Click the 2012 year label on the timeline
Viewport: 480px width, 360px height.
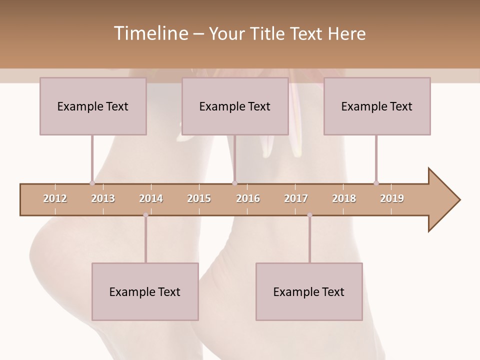point(55,198)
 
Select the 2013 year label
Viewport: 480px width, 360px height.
point(103,198)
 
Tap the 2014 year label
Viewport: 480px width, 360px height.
point(151,198)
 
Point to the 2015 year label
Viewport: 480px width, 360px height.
point(199,198)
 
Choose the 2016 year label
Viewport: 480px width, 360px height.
point(248,198)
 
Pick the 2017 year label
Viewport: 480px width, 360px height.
point(296,198)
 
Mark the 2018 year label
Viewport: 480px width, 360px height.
point(344,198)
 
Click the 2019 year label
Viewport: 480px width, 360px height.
point(392,198)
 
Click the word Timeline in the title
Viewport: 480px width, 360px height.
point(150,33)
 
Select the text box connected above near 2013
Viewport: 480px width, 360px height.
point(93,106)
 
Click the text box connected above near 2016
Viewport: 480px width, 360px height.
point(235,106)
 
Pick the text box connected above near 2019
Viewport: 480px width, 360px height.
point(377,106)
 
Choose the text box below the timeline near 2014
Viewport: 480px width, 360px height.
point(145,291)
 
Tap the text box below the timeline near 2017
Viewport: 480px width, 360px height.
point(309,291)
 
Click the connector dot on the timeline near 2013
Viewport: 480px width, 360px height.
point(92,183)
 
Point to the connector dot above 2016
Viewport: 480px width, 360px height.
point(235,183)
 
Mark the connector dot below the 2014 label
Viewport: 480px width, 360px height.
point(145,215)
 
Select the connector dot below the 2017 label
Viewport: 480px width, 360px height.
point(309,215)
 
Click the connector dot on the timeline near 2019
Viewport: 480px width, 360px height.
point(376,183)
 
